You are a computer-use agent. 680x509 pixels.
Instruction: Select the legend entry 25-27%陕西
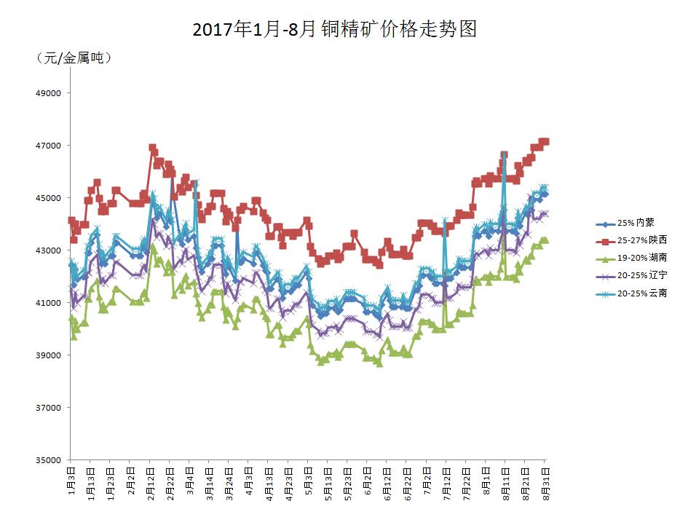coord(641,240)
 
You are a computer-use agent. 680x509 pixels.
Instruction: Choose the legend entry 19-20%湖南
coord(641,257)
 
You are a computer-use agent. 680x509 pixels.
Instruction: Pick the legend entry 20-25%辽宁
coord(641,275)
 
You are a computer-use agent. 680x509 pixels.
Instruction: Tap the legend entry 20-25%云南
coord(641,293)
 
